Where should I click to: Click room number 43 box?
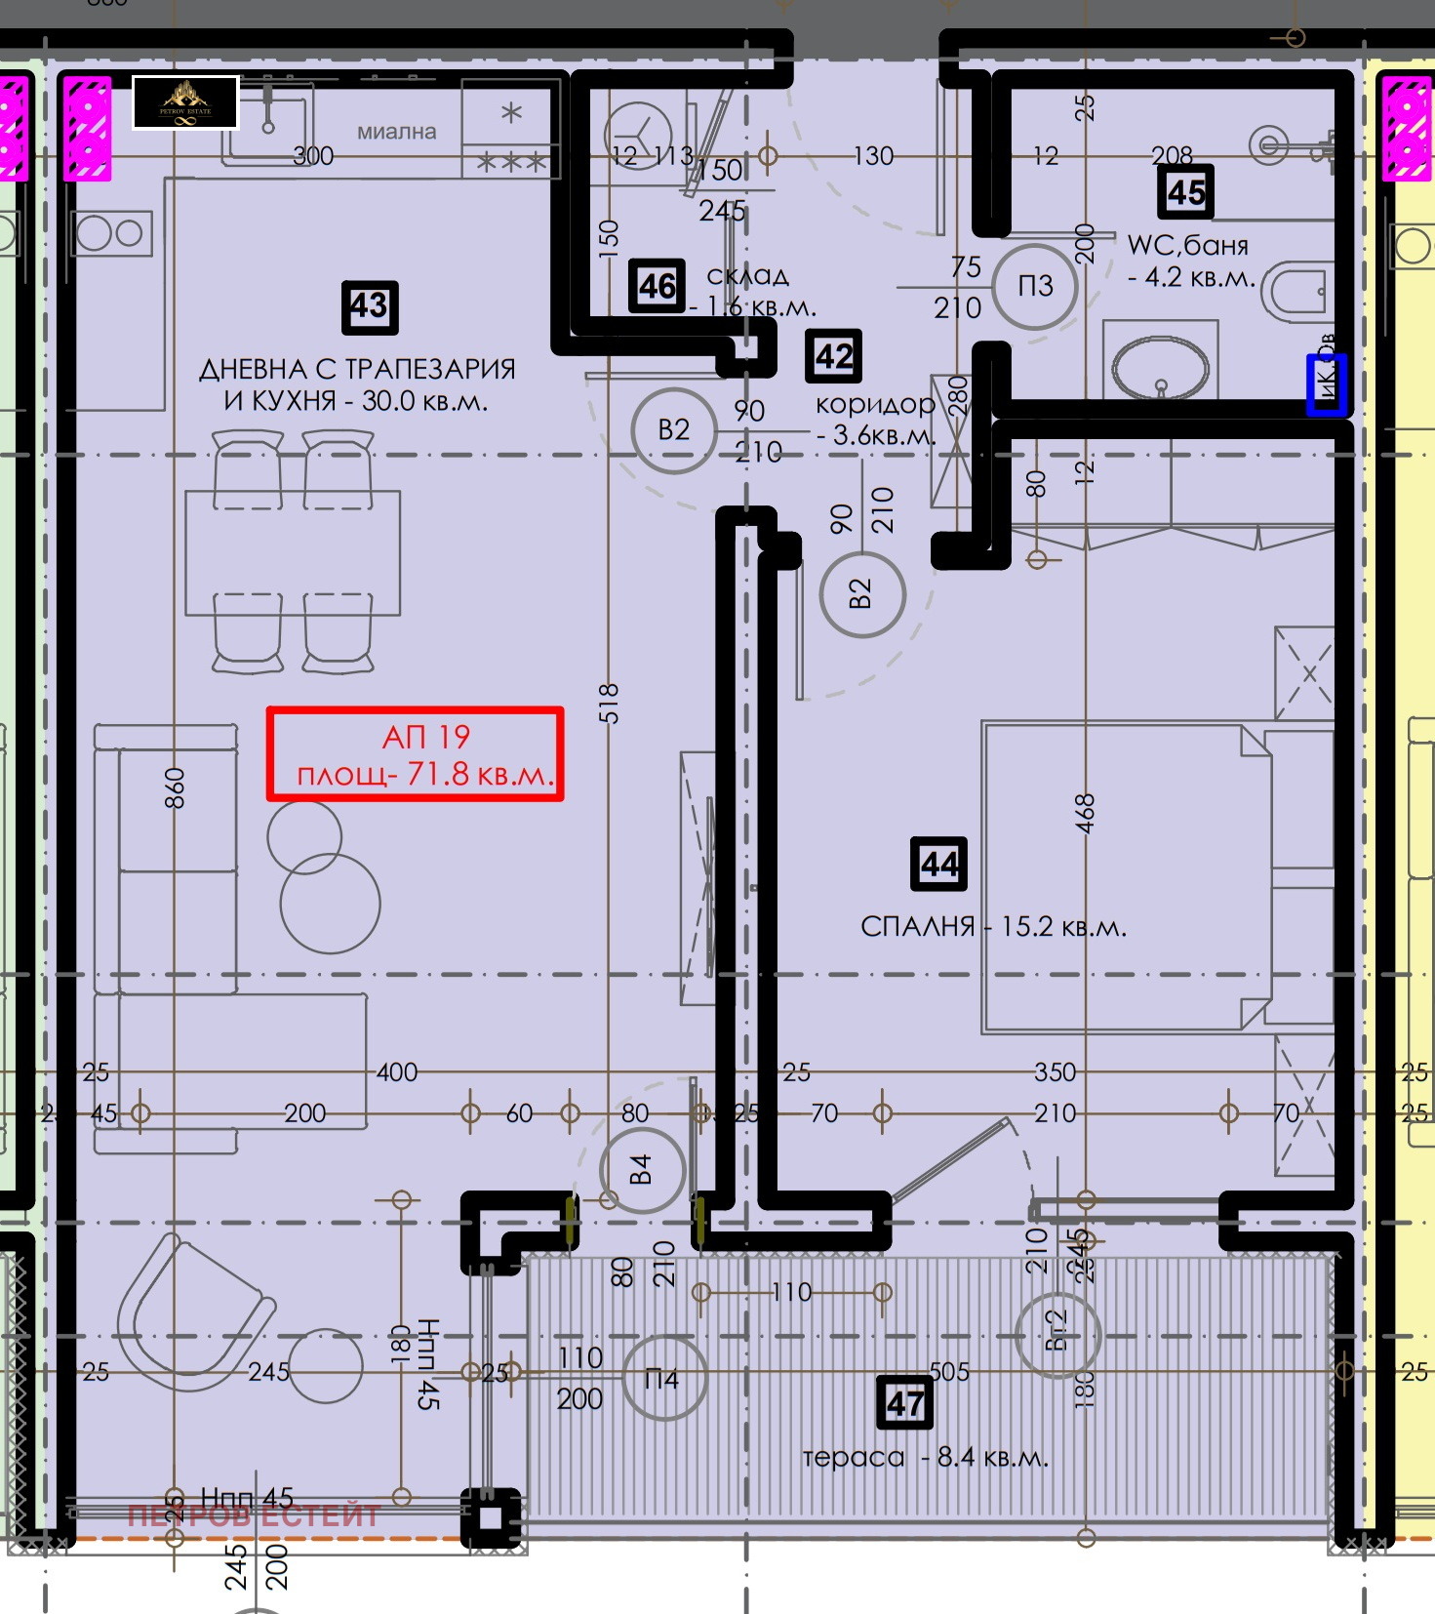coord(370,306)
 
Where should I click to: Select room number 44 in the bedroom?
coord(938,864)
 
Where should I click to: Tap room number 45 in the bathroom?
coord(1185,191)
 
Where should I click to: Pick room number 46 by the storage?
coord(657,286)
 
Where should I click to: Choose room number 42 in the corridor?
coord(834,356)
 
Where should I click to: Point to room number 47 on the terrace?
coord(904,1403)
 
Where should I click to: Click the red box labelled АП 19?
coord(416,754)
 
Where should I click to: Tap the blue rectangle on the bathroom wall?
coord(1327,383)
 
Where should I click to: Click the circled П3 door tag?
coord(1035,286)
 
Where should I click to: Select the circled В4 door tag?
coord(641,1169)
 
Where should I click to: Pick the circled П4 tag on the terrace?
coord(663,1379)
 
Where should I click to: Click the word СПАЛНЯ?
coord(917,926)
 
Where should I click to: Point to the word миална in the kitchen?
coord(396,132)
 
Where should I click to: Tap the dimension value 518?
coord(609,703)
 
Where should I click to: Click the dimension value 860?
coord(175,787)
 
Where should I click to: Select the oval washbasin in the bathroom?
coord(1159,368)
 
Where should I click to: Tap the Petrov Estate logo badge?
coord(185,101)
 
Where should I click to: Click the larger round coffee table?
coord(330,903)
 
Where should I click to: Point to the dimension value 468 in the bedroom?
coord(1085,813)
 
